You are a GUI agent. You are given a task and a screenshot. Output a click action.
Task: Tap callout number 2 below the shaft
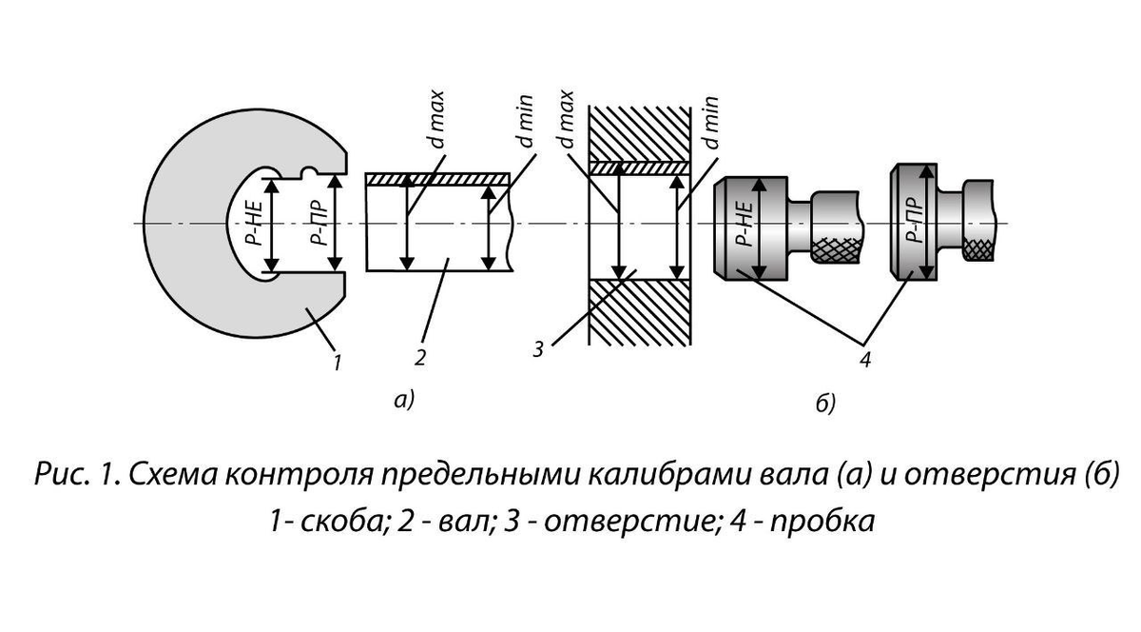click(x=419, y=358)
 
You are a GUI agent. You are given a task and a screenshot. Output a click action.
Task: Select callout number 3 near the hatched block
click(x=538, y=349)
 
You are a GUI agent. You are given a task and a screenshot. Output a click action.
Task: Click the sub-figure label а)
click(x=404, y=401)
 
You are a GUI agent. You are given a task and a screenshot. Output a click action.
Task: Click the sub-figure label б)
click(x=825, y=405)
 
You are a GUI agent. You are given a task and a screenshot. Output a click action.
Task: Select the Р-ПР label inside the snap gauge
click(x=319, y=224)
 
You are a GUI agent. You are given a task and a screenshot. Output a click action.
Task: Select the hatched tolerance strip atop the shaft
click(x=438, y=179)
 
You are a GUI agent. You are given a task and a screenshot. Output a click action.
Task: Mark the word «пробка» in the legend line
click(x=826, y=521)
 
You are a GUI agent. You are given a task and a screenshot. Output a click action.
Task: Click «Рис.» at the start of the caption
click(x=60, y=474)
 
